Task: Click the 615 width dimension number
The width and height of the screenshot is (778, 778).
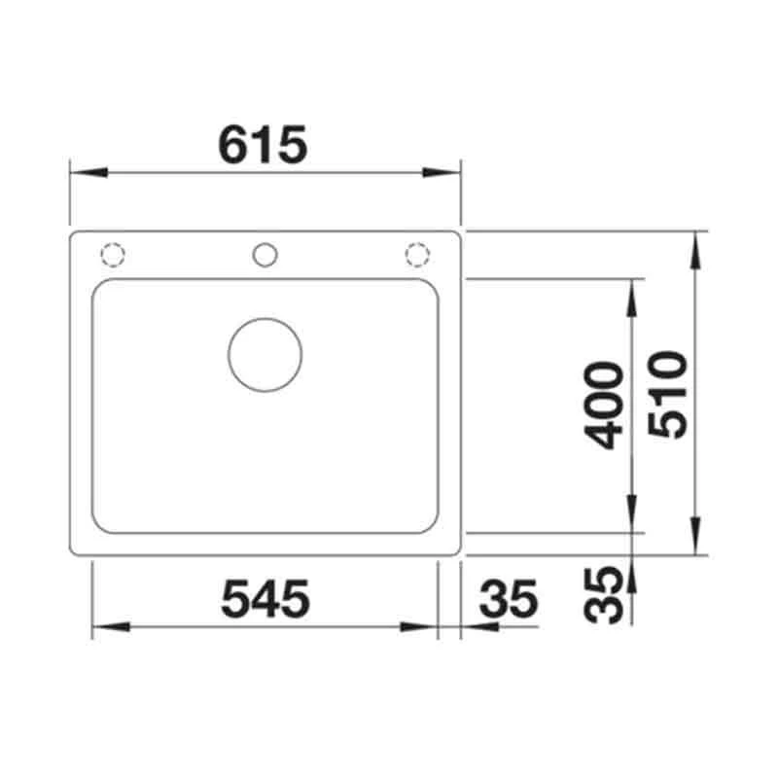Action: coord(264,145)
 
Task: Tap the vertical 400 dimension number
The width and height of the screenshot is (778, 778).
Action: coord(606,405)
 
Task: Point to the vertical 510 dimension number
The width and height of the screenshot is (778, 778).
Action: coord(670,393)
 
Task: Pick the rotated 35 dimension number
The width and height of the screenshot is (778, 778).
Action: coord(606,594)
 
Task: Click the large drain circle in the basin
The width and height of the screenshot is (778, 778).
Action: coord(265,354)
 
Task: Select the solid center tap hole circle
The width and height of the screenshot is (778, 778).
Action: coord(265,255)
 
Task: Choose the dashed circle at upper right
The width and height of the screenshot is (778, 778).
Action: coord(416,255)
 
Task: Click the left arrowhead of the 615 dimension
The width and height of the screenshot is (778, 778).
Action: coord(86,173)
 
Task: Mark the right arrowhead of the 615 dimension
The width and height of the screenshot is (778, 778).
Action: coord(443,173)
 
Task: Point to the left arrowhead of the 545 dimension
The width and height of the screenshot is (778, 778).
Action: coord(107,627)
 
